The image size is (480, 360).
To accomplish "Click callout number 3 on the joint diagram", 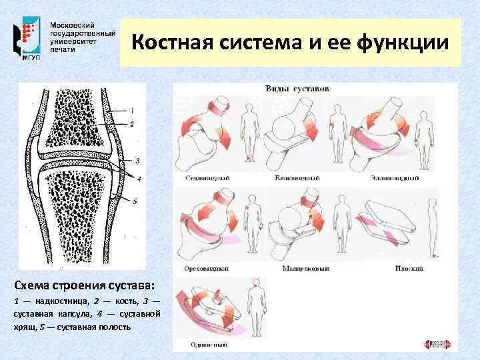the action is (137, 161).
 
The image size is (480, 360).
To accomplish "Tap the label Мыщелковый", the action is (298, 268).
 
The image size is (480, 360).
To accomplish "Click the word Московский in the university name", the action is (74, 24).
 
